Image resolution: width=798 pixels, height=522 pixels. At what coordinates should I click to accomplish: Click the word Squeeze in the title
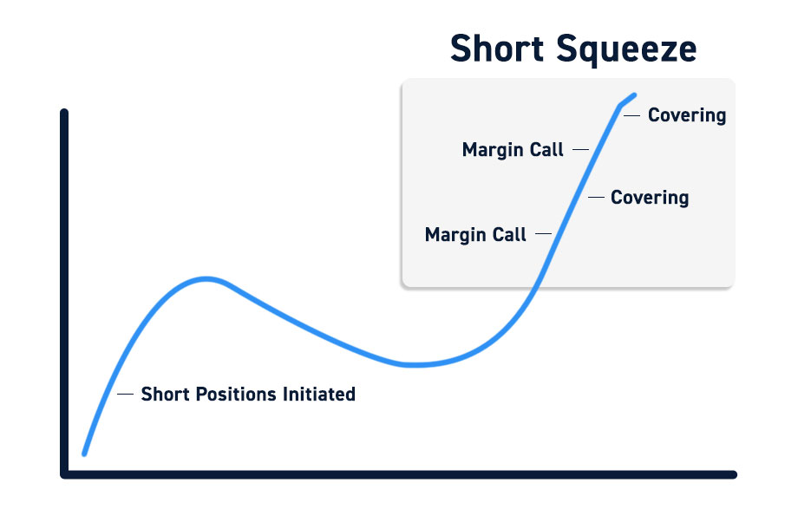point(626,50)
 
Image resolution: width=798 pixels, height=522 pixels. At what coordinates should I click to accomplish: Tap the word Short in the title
point(497,49)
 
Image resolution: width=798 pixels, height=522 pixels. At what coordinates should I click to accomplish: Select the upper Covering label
point(687,115)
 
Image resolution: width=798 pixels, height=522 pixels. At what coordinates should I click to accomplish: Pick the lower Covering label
point(650,198)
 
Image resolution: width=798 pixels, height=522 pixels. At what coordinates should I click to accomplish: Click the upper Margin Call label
point(513,150)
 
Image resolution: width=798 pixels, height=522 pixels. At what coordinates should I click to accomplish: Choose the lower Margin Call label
point(475,234)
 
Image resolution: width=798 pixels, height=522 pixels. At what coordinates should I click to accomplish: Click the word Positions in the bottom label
point(236,394)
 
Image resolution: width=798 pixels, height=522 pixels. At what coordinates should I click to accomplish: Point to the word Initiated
point(319,394)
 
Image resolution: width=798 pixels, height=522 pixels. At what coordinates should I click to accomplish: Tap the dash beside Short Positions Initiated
point(125,394)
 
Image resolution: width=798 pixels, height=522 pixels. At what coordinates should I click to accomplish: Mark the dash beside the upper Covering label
point(631,115)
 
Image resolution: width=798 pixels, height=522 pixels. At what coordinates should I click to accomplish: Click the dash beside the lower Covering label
point(596,197)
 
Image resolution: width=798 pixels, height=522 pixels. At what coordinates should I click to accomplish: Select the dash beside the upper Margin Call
point(580,150)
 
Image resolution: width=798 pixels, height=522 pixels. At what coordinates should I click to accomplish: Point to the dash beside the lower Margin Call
point(544,233)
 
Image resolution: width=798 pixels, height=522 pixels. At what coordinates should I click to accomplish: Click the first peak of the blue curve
point(206,279)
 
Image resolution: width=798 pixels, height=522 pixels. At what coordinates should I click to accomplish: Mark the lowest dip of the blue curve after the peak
point(415,365)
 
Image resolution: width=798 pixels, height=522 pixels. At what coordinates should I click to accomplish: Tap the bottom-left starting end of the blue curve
point(84,453)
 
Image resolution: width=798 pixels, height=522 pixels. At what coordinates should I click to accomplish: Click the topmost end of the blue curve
point(635,95)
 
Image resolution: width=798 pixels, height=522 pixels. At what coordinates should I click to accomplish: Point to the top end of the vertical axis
point(64,112)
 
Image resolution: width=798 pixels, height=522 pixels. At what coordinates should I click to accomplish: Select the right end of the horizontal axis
point(733,474)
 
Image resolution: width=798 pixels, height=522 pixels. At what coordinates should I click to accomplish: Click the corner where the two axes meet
point(65,474)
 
